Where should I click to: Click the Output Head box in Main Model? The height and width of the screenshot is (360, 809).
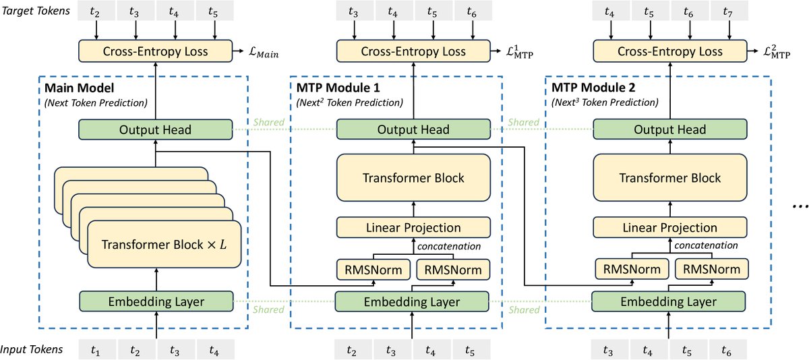156,129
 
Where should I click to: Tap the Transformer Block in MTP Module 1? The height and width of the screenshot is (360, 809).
413,178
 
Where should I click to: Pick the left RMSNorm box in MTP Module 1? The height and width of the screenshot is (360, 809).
373,270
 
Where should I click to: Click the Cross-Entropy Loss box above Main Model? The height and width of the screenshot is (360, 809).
156,51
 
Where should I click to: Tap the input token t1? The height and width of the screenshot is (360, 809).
98,349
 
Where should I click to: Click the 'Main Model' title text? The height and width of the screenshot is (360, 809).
75,89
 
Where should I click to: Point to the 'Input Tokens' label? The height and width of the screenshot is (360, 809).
32,349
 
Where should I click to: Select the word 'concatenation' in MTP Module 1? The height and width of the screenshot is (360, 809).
448,246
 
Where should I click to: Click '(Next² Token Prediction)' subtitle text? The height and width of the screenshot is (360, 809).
349,102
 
